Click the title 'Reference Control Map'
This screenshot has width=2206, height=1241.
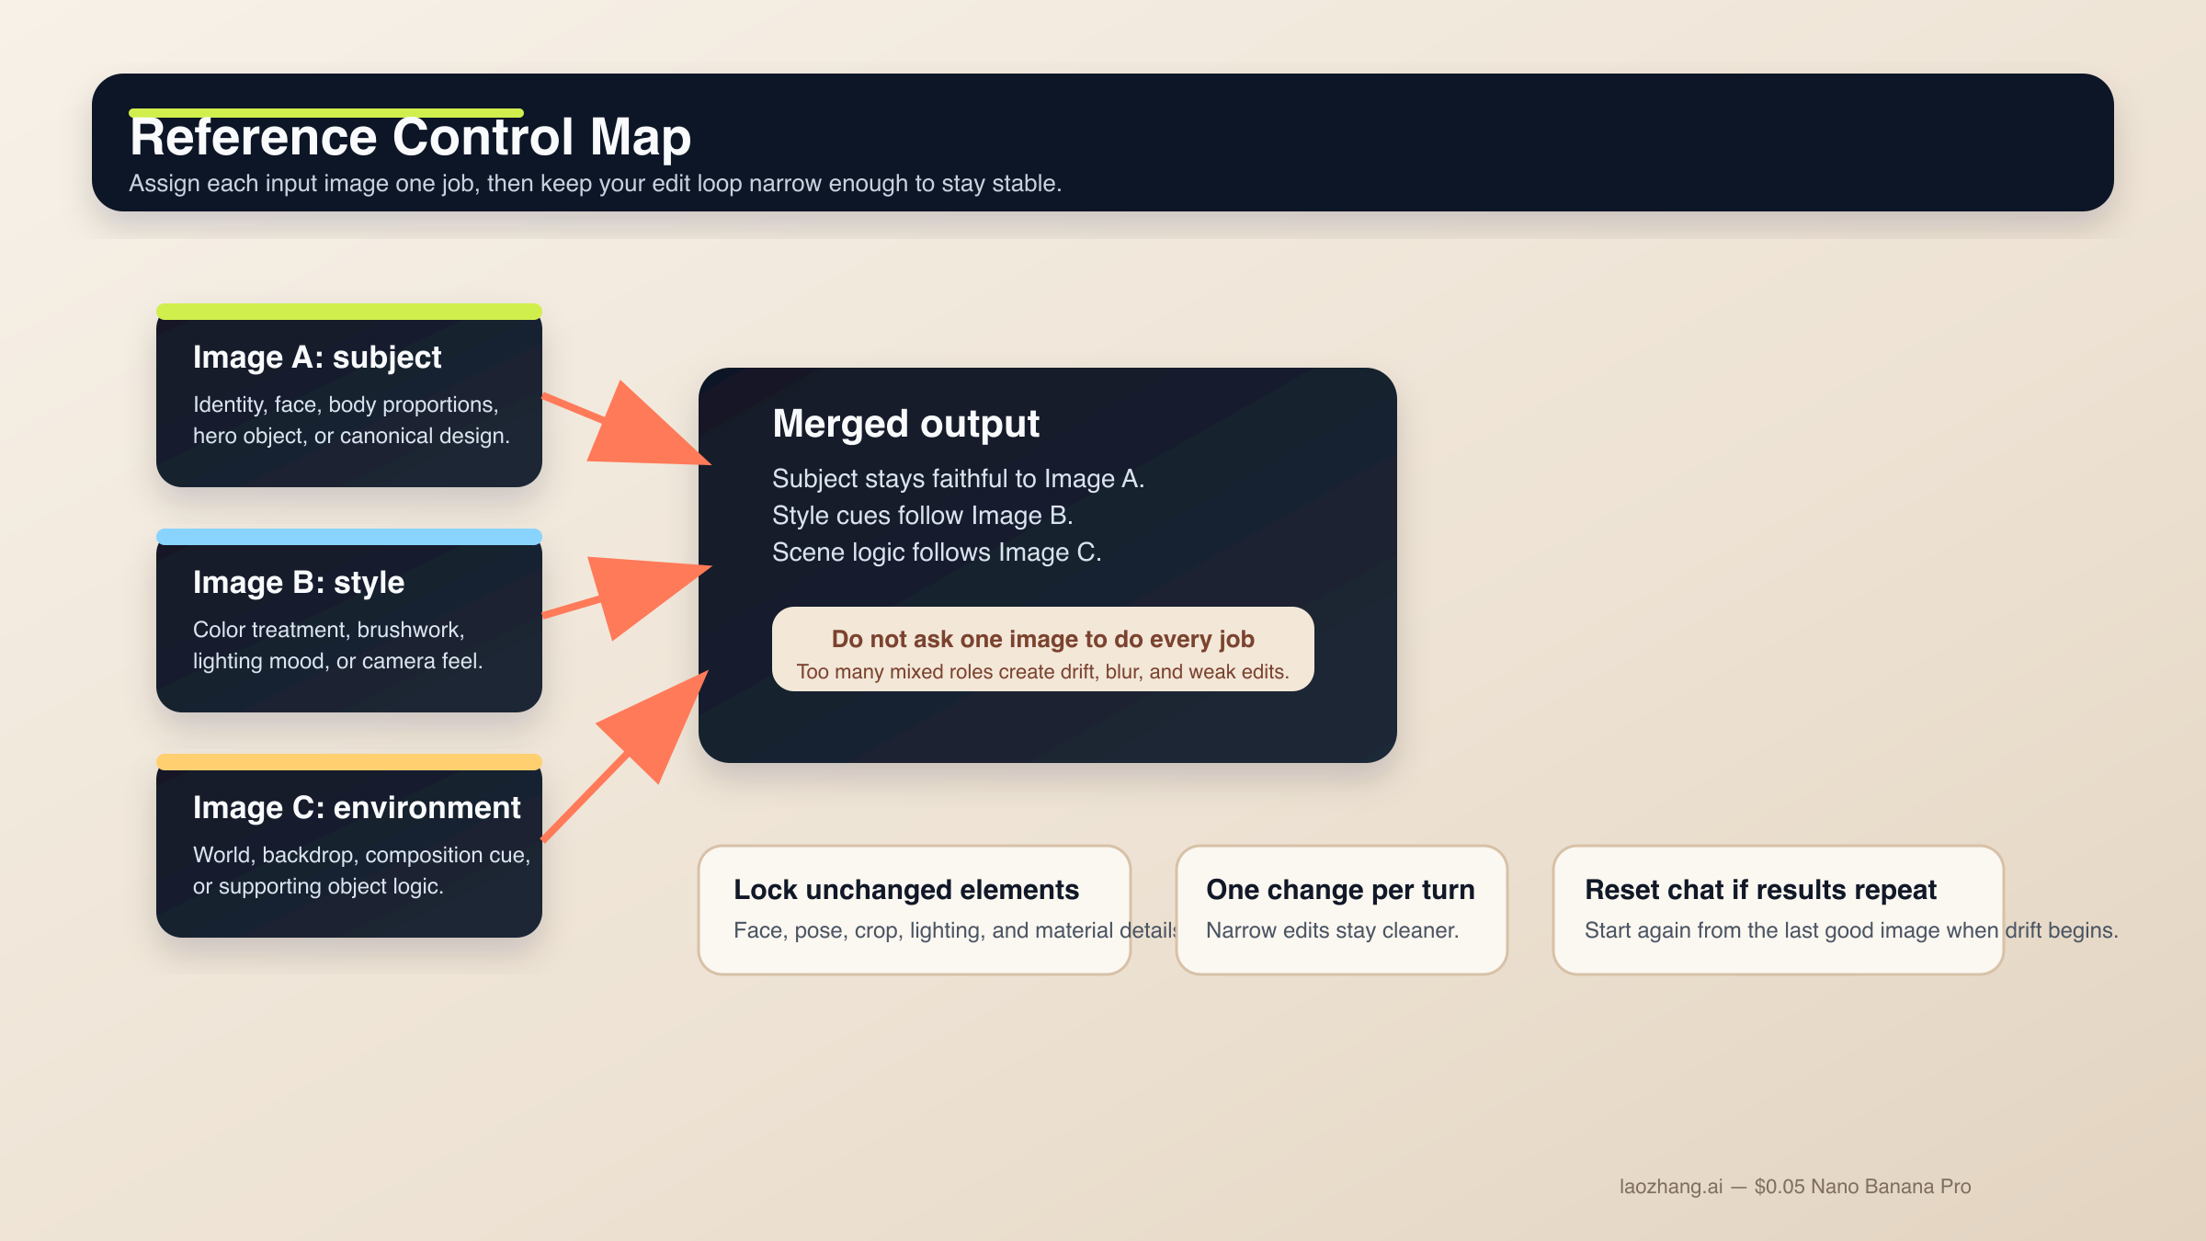pos(410,138)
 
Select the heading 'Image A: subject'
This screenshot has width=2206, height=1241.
pos(317,358)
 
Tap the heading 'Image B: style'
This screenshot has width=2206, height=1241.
pos(299,583)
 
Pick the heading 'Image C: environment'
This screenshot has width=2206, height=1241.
pos(357,808)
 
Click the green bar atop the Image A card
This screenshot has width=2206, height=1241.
pos(349,312)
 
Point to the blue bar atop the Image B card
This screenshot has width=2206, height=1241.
pos(349,537)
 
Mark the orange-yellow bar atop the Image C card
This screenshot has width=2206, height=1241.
pos(349,762)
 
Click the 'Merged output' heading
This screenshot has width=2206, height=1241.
pos(905,424)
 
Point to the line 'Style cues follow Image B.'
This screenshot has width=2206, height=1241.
pos(922,516)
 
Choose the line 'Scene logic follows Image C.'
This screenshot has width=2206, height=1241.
pos(937,552)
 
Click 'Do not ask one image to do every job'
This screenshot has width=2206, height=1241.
pos(1042,639)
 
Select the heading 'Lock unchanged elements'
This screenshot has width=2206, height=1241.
pos(905,890)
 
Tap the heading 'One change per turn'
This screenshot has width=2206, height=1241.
pos(1340,890)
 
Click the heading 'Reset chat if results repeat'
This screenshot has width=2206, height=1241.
pos(1760,890)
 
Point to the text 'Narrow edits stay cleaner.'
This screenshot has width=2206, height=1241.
pos(1332,930)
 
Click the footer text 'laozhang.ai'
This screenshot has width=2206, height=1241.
pos(1670,1187)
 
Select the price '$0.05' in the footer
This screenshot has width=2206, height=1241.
pos(1780,1187)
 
